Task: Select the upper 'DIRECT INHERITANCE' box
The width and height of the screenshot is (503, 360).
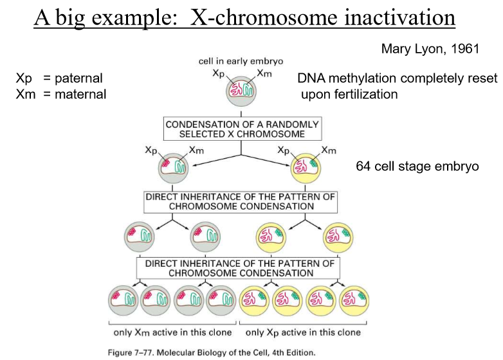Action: (x=241, y=202)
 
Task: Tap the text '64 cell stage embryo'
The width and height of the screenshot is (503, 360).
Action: (x=417, y=166)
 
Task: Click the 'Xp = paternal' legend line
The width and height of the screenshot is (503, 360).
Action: (x=59, y=78)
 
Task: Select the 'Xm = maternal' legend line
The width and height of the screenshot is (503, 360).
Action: (x=61, y=94)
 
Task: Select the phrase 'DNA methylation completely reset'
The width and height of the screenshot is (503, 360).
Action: (x=397, y=78)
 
